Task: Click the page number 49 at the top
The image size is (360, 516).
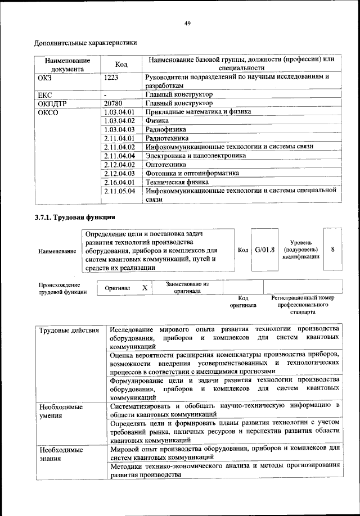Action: coord(187,22)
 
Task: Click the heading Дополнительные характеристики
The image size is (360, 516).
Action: coord(85,43)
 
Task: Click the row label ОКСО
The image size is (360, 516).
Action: coord(48,112)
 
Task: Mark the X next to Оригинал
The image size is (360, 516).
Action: coord(145,288)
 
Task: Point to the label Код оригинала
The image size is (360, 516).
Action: coord(243,302)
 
